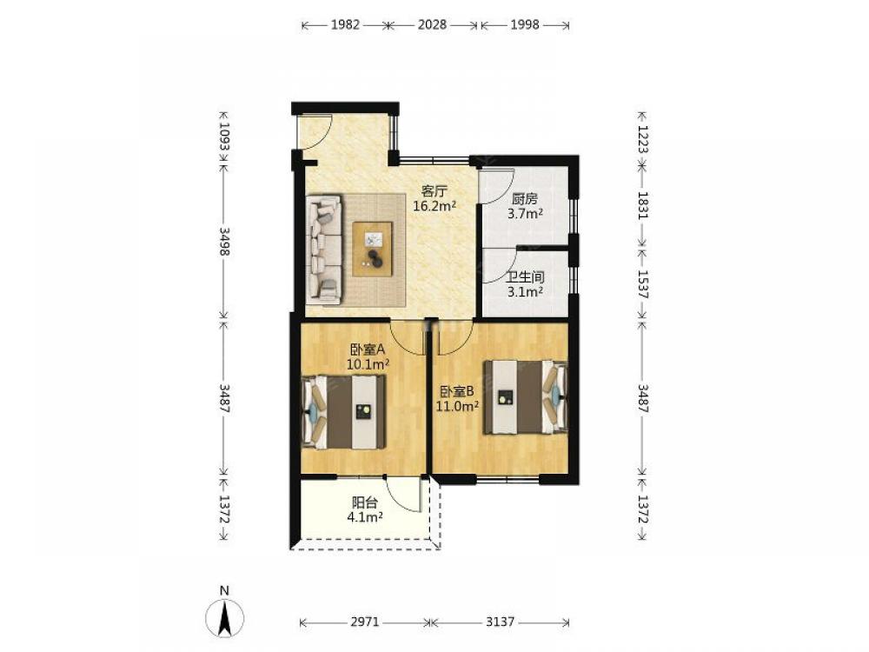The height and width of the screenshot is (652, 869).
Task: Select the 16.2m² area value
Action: point(434,206)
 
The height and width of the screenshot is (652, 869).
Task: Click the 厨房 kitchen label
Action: point(525,198)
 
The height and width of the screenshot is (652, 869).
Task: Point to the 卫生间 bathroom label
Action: point(525,277)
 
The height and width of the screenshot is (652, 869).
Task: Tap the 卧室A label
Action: point(368,349)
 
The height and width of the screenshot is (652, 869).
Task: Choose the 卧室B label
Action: point(457,391)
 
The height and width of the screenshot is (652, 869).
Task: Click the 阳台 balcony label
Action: point(365,502)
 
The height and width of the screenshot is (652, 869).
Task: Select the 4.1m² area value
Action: point(365,517)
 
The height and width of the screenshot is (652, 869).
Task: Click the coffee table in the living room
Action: point(373,249)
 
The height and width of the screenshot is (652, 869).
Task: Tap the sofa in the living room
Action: point(324,249)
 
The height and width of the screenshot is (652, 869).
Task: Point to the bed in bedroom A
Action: point(343,412)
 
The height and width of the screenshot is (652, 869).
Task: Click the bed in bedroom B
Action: point(526,397)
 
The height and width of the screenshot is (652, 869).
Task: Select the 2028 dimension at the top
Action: point(432,25)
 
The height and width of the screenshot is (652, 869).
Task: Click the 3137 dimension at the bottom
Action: point(501,622)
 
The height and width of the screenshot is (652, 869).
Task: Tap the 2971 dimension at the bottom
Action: point(365,622)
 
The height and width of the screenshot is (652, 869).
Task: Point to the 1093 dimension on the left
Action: point(224,136)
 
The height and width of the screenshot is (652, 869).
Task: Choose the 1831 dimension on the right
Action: point(643,205)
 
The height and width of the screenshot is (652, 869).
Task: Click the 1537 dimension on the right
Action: point(643,284)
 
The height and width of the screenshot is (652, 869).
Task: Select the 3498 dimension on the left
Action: point(224,241)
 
